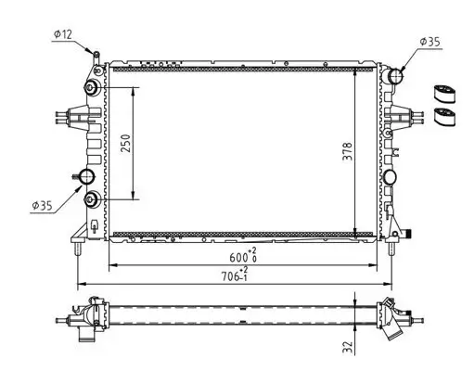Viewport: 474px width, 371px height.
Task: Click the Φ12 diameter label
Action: [x=63, y=34]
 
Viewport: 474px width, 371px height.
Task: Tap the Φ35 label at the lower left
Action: [x=42, y=205]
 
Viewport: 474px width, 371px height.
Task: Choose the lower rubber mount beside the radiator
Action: [x=446, y=117]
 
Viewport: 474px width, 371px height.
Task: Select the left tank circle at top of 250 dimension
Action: [x=92, y=89]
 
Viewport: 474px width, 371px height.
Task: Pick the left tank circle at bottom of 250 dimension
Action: [x=92, y=198]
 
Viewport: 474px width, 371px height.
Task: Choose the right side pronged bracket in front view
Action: [x=405, y=117]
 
